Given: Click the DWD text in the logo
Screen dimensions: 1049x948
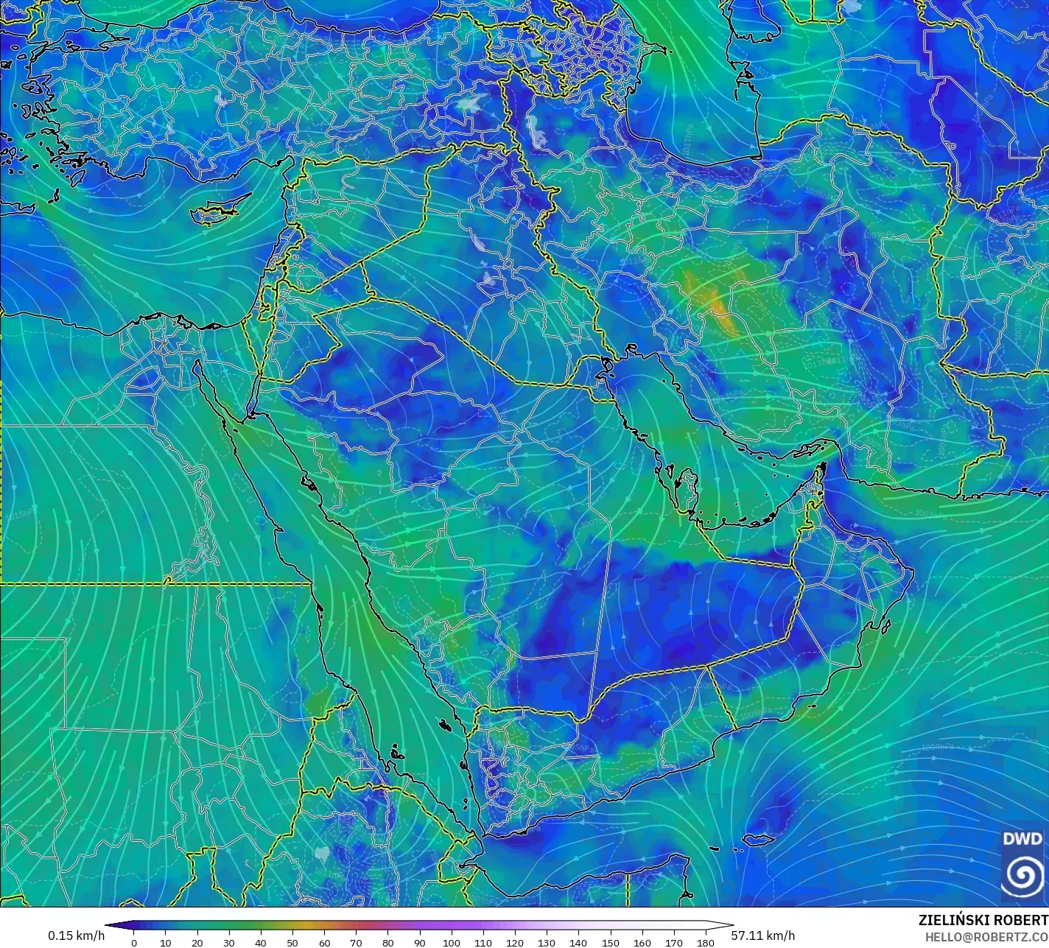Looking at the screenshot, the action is click(1022, 838).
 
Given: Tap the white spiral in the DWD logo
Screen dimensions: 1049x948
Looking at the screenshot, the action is click(1022, 874).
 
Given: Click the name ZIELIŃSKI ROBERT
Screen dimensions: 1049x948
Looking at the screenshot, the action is click(983, 920).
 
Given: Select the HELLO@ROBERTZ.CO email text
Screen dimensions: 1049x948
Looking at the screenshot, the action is click(986, 936).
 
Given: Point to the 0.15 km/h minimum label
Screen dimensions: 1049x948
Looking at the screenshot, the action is click(76, 935).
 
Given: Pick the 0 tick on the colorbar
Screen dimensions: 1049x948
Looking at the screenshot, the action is click(133, 942).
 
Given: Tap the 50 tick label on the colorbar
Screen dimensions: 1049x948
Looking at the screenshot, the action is click(292, 942).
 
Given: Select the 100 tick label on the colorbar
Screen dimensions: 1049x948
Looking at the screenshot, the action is click(452, 942).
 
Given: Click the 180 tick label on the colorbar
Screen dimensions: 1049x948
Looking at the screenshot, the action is click(706, 942).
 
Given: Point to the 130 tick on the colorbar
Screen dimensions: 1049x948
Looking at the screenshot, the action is click(547, 942).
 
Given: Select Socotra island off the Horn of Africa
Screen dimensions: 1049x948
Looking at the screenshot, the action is click(758, 839).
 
